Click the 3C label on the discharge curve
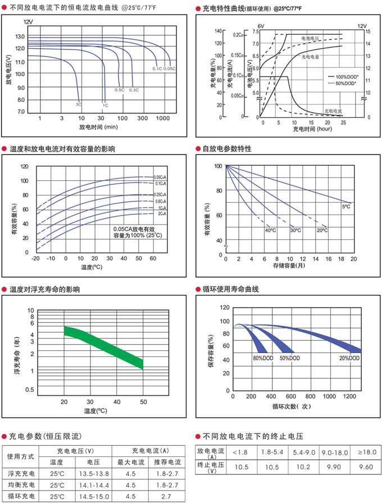tap(79, 104)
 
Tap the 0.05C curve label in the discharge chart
tap(170, 68)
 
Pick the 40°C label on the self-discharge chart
tap(270, 231)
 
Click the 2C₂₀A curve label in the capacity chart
tap(161, 214)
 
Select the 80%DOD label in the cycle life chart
tap(263, 358)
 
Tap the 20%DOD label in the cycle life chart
tap(349, 358)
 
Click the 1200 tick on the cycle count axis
tap(349, 396)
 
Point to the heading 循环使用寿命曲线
tap(230, 290)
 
